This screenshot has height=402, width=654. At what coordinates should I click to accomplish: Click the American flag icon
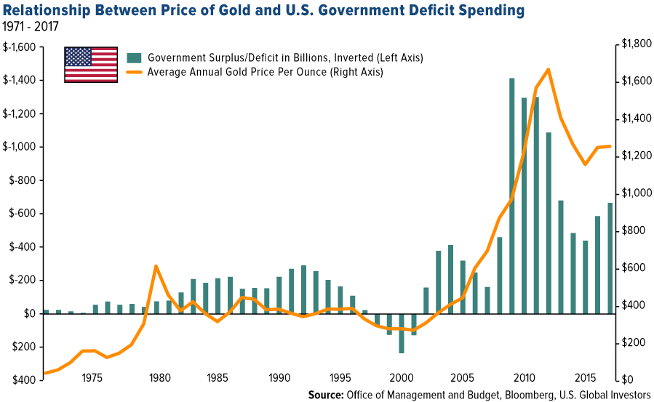point(91,65)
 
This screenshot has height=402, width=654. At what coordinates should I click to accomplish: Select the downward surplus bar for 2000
point(402,333)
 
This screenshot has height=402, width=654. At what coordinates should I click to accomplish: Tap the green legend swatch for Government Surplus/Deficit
point(134,57)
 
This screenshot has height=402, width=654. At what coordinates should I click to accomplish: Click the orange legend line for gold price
point(134,72)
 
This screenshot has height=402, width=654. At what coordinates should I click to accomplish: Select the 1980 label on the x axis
point(160,378)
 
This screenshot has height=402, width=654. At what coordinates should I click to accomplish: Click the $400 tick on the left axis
point(23,379)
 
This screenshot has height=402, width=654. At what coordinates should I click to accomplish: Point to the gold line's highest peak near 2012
point(547,69)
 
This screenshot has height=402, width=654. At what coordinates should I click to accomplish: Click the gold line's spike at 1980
point(156,266)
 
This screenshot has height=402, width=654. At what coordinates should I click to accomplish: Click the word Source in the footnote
point(327,395)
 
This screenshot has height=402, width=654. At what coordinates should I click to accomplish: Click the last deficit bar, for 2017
point(610,258)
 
